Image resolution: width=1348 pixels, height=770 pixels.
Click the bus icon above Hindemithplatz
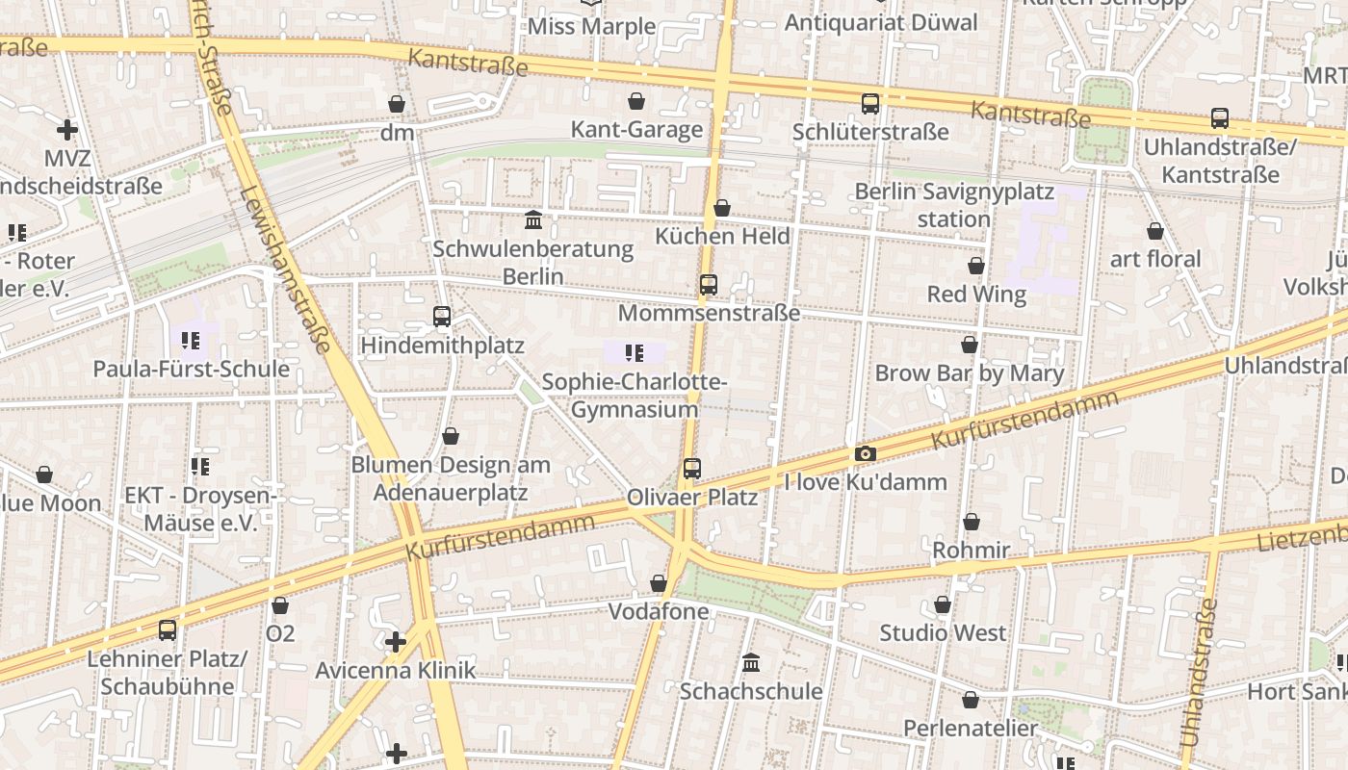click(x=442, y=316)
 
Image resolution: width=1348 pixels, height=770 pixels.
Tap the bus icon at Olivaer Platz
click(x=691, y=469)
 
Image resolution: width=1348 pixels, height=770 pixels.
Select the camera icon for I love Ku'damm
click(x=865, y=453)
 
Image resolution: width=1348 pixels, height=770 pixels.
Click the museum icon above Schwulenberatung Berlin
click(x=533, y=220)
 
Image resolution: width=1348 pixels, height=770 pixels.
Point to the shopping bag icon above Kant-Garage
click(x=635, y=101)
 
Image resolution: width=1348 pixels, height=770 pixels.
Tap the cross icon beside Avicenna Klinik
click(x=395, y=641)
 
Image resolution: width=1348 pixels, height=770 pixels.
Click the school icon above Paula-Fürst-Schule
click(x=190, y=340)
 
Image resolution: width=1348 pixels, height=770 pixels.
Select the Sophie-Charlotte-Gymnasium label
click(x=634, y=396)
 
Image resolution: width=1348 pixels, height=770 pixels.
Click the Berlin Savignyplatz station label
click(x=953, y=205)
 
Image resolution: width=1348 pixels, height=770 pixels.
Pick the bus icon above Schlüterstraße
click(x=870, y=103)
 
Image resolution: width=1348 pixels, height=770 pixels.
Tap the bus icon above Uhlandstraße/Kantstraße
click(x=1220, y=118)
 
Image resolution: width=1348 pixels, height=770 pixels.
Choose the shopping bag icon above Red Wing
click(x=976, y=266)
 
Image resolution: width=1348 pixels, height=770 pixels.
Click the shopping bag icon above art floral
click(x=1155, y=231)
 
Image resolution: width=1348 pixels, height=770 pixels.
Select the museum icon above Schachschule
click(x=751, y=662)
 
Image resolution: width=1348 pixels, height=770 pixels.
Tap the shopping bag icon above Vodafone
click(x=659, y=583)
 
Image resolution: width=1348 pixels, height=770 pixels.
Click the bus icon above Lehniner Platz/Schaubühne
click(x=168, y=630)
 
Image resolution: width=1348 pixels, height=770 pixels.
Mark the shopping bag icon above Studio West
click(x=943, y=604)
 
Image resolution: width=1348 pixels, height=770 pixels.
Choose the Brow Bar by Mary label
click(x=969, y=373)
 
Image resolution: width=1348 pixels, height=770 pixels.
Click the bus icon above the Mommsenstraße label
click(x=709, y=285)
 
